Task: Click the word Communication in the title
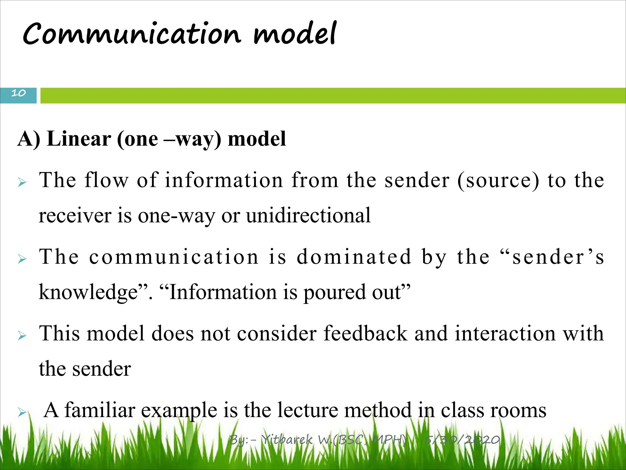(x=131, y=34)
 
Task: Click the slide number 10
(x=18, y=93)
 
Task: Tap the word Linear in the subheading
(x=79, y=139)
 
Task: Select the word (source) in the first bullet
(x=499, y=181)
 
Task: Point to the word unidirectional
(x=308, y=215)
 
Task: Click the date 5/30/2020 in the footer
(x=462, y=440)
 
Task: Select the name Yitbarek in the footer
(x=287, y=440)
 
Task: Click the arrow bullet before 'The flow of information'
(x=22, y=183)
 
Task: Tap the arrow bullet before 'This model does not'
(x=22, y=336)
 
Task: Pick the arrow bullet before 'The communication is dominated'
(x=22, y=259)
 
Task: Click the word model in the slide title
(x=295, y=34)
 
